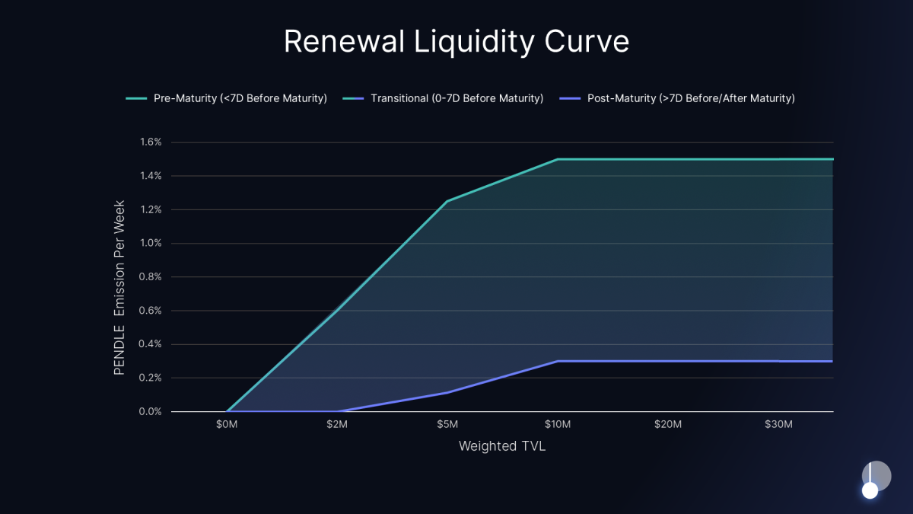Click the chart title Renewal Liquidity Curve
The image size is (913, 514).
(456, 42)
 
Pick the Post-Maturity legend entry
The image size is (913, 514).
(676, 98)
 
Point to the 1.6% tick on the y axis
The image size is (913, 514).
(151, 142)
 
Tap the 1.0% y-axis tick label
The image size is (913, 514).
(151, 244)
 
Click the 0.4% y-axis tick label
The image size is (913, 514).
(151, 344)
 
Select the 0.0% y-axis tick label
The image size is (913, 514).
(151, 412)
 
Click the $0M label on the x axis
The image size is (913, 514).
(227, 424)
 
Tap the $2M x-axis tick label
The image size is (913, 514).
(337, 424)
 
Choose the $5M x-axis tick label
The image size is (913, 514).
(447, 424)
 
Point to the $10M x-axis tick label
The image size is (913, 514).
(558, 424)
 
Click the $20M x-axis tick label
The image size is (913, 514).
(668, 424)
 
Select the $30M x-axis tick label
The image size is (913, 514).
(778, 424)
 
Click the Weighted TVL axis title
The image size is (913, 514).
(502, 446)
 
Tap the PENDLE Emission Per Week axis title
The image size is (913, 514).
(119, 288)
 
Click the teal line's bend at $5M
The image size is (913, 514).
(447, 201)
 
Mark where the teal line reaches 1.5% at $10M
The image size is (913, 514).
(558, 159)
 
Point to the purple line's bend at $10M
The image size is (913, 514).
(558, 361)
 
